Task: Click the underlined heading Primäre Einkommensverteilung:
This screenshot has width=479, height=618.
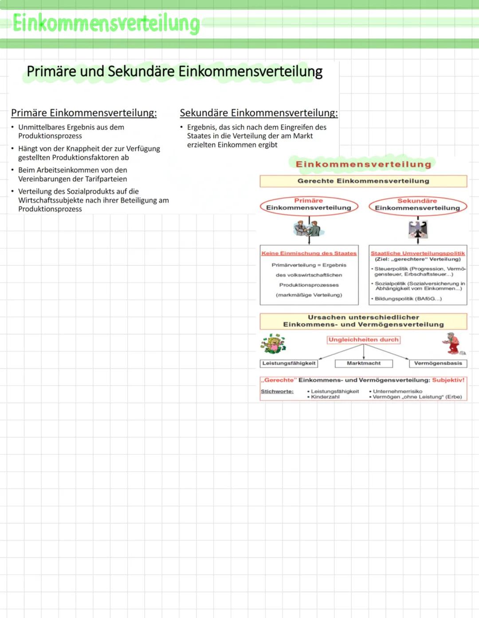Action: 84,113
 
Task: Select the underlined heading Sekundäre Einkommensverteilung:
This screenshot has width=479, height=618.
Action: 259,113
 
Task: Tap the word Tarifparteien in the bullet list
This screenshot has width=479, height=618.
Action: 105,179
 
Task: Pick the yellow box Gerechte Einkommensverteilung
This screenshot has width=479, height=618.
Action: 363,181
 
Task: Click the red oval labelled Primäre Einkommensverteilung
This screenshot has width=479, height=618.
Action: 309,205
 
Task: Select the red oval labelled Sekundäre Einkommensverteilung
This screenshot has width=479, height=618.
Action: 417,205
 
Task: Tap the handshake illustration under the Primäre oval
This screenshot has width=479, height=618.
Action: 309,229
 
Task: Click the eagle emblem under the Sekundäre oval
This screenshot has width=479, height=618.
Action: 417,229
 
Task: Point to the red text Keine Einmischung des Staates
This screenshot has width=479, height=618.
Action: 309,253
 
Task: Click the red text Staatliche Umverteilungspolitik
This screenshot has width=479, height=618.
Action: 417,253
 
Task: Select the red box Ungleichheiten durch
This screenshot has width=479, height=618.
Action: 363,340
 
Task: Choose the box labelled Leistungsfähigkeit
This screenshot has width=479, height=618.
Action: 289,363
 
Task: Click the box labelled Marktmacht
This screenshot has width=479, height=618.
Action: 364,363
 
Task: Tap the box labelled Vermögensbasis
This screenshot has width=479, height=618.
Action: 438,363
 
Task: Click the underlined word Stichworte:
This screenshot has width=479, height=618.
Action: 277,392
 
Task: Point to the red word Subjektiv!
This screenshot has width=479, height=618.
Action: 448,380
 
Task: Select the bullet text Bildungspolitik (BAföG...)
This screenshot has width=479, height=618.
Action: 408,299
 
